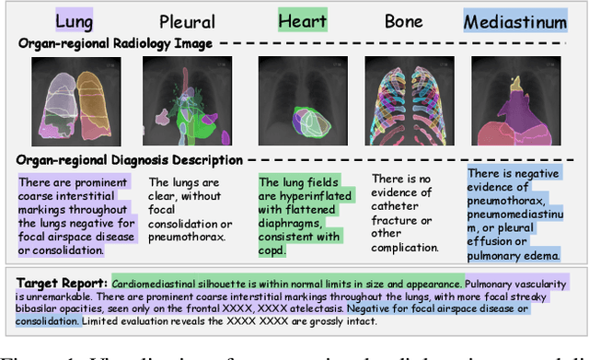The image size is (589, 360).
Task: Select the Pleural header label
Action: coord(187,20)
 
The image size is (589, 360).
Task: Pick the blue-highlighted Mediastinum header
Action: coord(515,20)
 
